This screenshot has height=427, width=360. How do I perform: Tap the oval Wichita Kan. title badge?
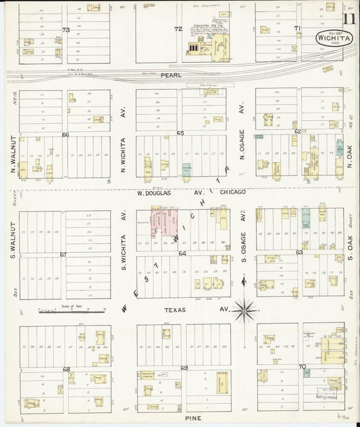coord(332,39)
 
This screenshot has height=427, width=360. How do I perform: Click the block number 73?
coord(66,30)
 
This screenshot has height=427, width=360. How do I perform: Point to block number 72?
coord(178,30)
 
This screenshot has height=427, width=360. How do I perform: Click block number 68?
coord(66,369)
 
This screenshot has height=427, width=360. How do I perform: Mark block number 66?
coord(66,134)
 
